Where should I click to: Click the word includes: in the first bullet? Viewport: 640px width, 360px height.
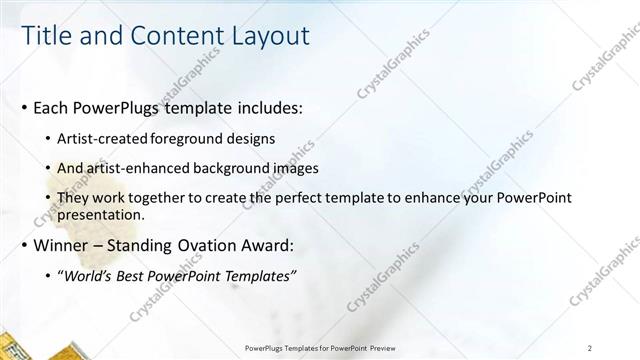point(266,107)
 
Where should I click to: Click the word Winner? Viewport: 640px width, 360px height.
point(62,245)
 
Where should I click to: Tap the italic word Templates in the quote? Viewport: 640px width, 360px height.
point(258,276)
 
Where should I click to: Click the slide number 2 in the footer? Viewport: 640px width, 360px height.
point(590,348)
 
